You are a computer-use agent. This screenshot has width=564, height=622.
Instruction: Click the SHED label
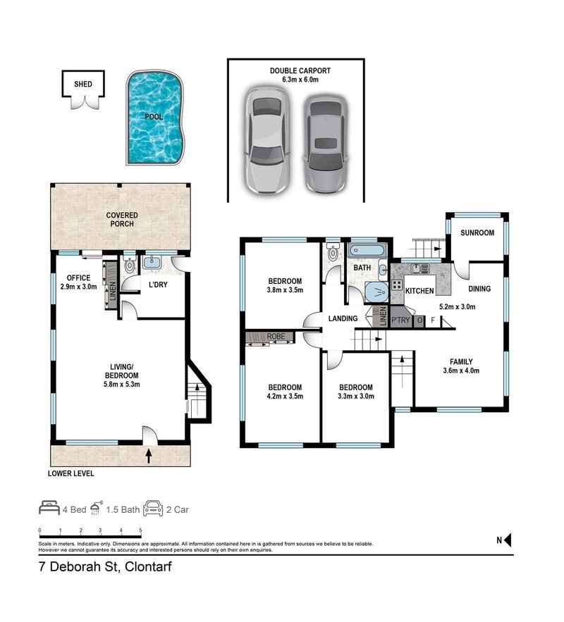click(83, 85)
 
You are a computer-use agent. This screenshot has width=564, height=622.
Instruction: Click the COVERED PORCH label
click(122, 219)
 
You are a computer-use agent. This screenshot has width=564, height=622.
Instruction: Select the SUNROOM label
click(477, 233)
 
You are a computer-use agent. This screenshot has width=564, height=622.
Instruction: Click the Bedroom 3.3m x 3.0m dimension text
click(355, 397)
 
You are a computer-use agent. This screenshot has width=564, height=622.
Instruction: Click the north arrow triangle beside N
click(507, 541)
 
